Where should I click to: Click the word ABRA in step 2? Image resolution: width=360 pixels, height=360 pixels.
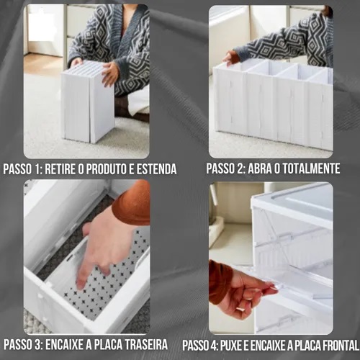pos(259,168)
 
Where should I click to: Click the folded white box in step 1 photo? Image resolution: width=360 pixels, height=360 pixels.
pos(88,102)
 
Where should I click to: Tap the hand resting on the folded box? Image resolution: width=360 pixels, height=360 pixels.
pos(110,74)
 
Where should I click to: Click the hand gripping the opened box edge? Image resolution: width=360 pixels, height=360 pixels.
pos(230,58)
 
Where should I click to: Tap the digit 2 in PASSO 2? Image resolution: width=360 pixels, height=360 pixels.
pos(240,168)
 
